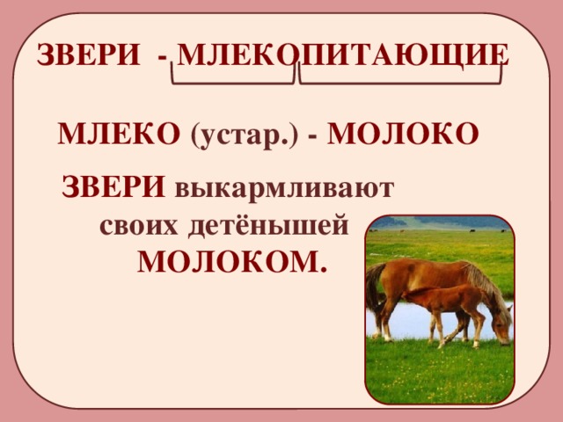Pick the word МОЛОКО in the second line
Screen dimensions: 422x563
tap(406, 134)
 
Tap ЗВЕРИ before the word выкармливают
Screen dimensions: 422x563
tap(113, 187)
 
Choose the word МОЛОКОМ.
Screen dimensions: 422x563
tap(231, 261)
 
